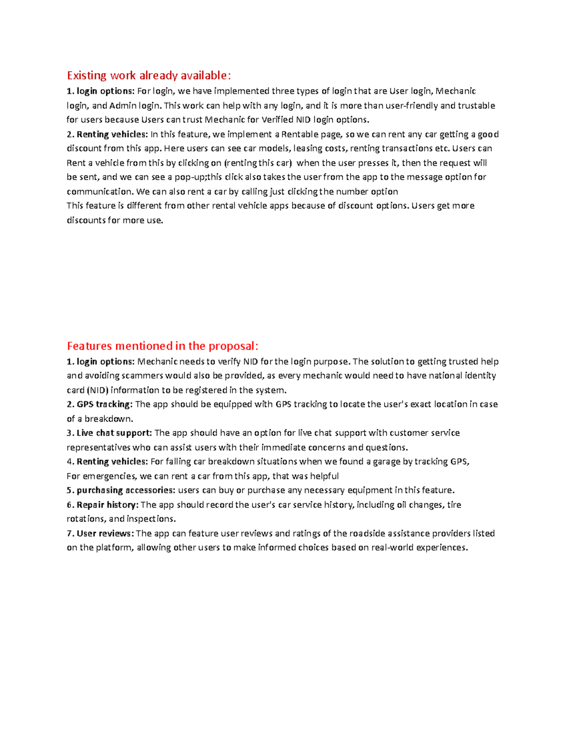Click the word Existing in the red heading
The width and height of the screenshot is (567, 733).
87,76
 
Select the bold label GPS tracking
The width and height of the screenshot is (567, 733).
104,404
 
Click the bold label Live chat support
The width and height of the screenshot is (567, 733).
114,433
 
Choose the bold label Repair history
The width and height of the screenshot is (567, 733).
107,505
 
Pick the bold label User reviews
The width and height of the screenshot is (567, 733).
105,533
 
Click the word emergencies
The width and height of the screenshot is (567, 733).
109,476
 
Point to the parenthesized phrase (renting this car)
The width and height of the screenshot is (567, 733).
258,163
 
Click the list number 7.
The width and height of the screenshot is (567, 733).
69,533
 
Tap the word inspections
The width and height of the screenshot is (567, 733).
151,519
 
